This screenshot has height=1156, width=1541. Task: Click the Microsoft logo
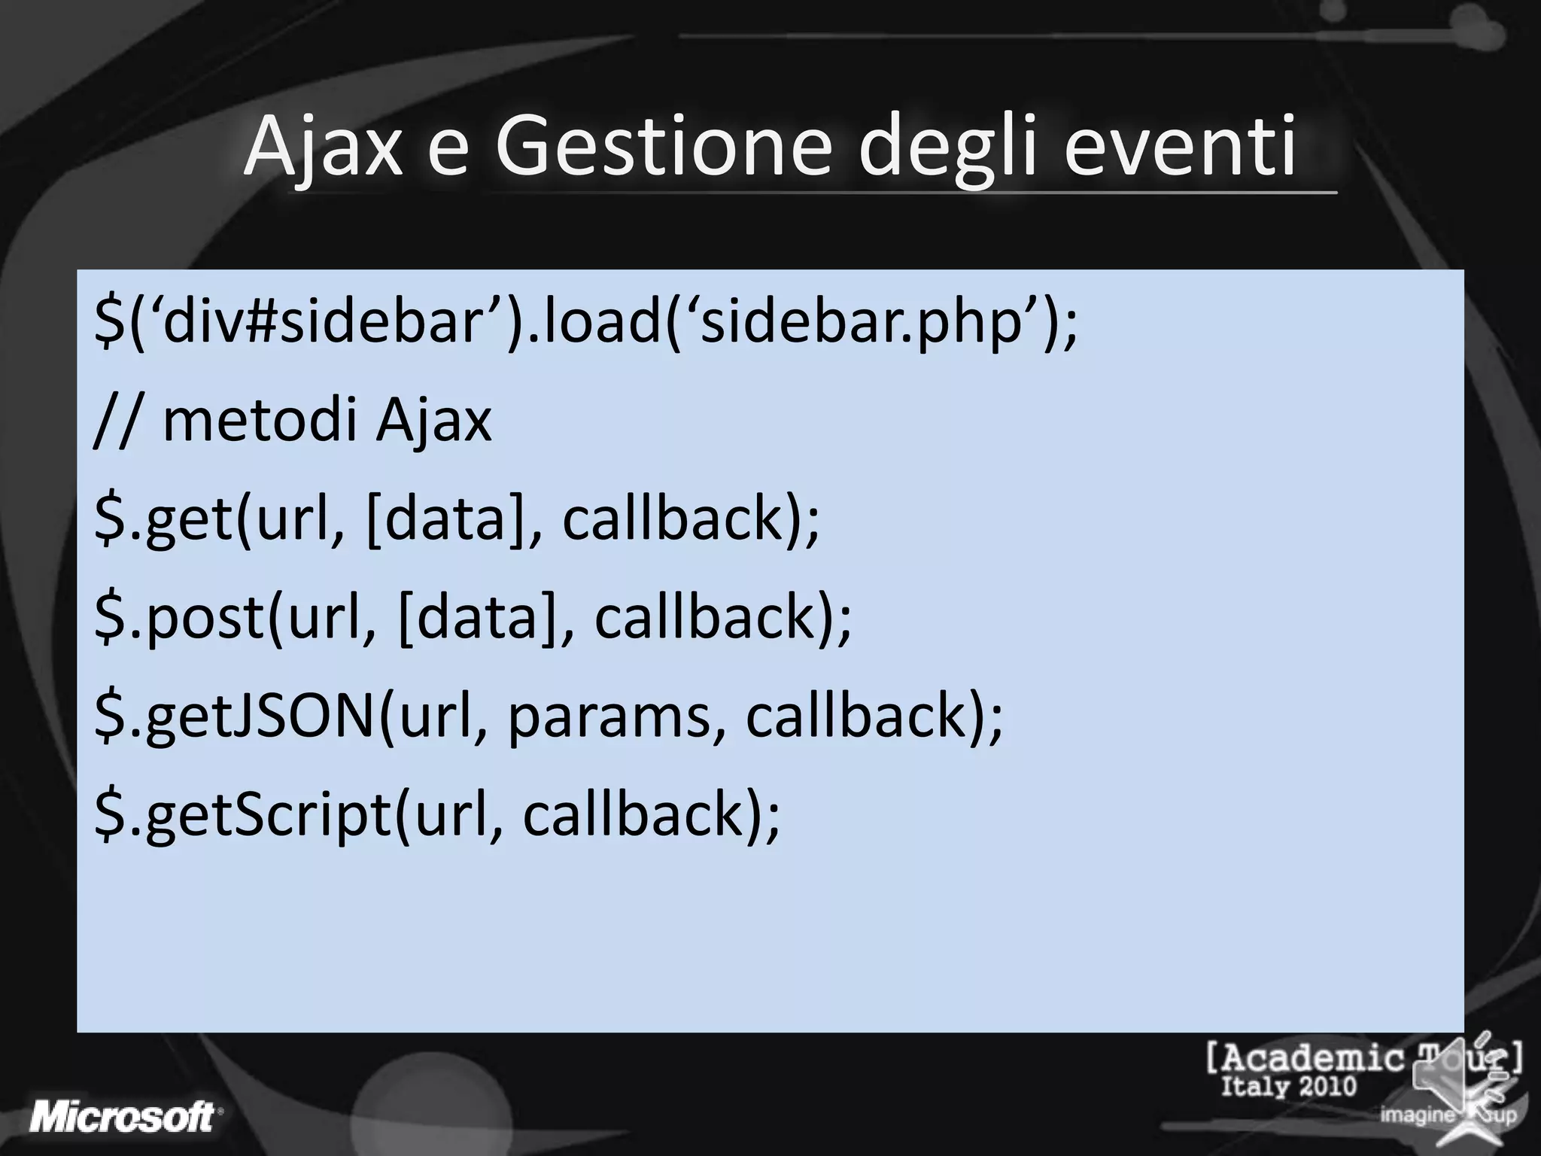point(125,1116)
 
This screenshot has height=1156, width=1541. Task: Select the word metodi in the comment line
point(260,421)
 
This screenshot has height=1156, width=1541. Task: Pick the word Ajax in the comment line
point(434,421)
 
